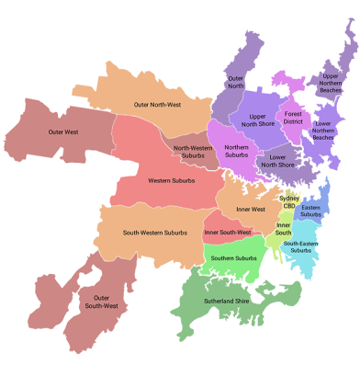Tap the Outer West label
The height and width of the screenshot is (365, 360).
64,132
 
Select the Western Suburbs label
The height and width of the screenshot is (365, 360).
172,180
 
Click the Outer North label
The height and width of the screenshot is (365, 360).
235,83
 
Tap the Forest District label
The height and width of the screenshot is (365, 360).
293,118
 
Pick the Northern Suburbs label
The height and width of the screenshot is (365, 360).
237,151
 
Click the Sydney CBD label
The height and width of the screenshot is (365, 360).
289,201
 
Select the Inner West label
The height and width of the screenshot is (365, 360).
251,210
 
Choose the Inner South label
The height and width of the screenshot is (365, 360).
284,228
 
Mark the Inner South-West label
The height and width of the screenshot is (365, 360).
228,233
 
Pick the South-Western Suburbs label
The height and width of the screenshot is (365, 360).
154,232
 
